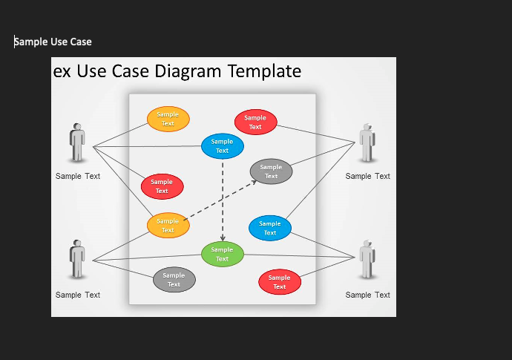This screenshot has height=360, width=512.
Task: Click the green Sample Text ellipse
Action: pos(223,254)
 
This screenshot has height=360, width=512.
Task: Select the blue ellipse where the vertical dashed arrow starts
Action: pos(223,146)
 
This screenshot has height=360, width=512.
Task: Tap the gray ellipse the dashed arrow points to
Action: pos(271,171)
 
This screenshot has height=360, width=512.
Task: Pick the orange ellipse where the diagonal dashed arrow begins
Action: pos(168,226)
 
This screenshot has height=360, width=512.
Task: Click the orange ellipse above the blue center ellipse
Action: pos(168,119)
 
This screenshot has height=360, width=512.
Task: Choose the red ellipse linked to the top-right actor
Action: pos(256,122)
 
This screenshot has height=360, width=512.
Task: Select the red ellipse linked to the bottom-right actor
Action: pos(280,282)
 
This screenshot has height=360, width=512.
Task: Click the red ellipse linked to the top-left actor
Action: pos(162,186)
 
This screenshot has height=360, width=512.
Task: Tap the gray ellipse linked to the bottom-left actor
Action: pos(174,280)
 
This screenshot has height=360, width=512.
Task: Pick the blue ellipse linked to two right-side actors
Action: pos(269,228)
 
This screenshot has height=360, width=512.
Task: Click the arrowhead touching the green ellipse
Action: pos(223,238)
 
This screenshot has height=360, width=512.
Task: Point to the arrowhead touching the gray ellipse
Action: pos(253,183)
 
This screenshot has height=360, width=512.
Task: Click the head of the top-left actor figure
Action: pos(77,126)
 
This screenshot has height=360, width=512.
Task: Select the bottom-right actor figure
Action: pos(367,259)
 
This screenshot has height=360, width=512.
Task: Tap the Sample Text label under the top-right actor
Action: pos(367,176)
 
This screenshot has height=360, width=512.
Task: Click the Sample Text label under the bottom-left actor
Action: pos(78,295)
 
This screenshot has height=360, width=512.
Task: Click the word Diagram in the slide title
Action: pos(188,71)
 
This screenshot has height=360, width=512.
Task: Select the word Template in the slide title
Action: pos(264,71)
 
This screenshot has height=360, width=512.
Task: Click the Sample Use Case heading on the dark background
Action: pos(53,42)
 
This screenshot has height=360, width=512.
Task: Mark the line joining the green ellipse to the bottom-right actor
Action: pos(300,256)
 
